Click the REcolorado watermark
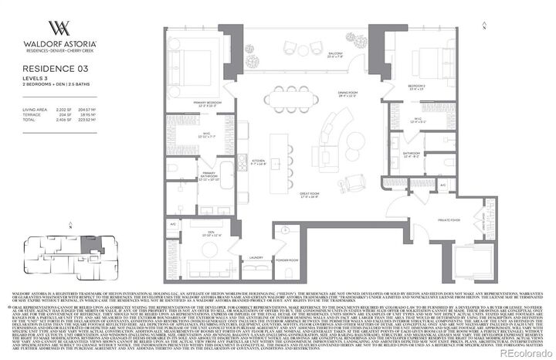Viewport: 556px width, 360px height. pos(525,354)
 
